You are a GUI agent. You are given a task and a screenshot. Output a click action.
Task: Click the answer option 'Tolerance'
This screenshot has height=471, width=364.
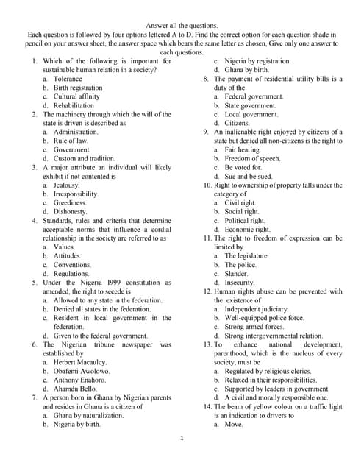[x=68, y=79]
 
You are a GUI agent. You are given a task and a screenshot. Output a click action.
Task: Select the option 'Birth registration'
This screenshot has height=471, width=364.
[x=77, y=88]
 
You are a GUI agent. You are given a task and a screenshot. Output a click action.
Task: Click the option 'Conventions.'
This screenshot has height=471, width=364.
[x=72, y=265]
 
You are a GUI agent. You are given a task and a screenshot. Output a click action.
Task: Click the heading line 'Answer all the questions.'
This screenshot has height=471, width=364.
[x=182, y=25]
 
